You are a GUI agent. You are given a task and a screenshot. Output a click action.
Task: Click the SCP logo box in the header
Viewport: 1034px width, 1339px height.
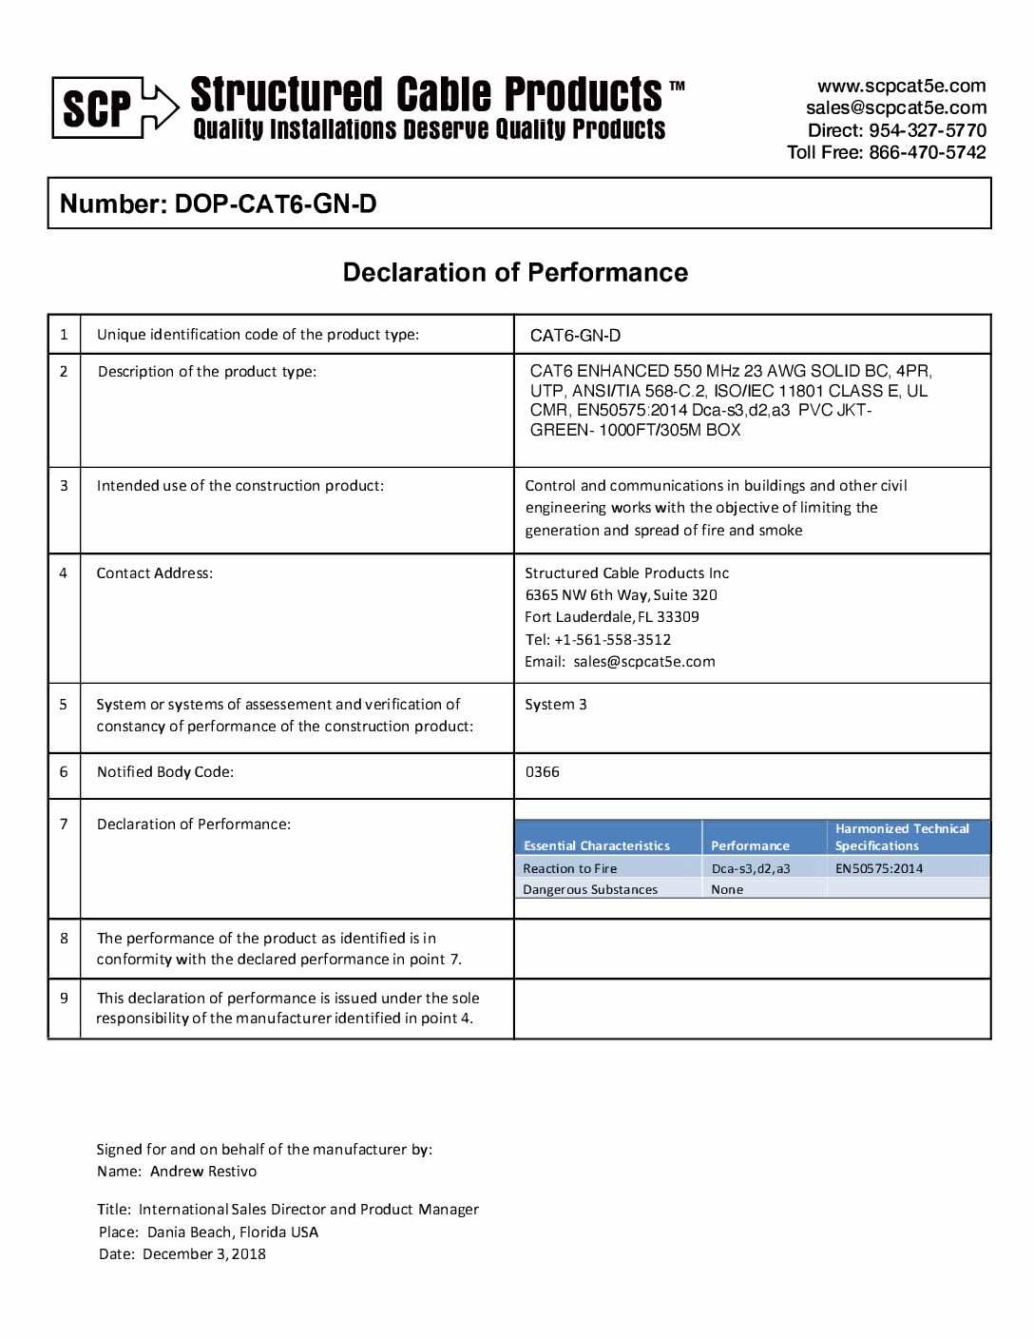click(98, 108)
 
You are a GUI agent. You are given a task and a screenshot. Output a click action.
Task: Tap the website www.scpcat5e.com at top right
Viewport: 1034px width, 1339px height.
click(901, 86)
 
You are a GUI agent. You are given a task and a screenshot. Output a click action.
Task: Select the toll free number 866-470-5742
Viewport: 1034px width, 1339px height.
click(927, 152)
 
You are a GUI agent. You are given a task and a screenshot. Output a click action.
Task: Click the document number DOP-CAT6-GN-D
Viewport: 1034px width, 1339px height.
click(276, 204)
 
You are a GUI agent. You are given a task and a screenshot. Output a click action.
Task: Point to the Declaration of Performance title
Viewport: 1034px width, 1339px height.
click(515, 273)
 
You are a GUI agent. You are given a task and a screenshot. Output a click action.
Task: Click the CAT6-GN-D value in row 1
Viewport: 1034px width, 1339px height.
click(575, 336)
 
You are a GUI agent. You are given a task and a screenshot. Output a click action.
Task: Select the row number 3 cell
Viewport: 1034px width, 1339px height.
click(64, 486)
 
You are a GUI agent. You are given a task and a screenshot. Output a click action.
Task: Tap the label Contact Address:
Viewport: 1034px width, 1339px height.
click(155, 573)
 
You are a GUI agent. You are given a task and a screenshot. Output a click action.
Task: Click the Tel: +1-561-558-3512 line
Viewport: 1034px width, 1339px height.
click(598, 640)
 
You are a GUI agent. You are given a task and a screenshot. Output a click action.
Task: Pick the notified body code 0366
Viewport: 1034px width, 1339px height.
click(543, 772)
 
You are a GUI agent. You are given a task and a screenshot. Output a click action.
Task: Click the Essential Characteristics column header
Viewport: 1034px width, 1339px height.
click(597, 845)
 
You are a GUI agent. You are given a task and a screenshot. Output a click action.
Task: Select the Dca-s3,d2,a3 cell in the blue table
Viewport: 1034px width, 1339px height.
click(751, 868)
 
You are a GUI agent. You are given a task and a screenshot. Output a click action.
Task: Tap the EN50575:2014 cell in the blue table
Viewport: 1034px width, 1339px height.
click(879, 868)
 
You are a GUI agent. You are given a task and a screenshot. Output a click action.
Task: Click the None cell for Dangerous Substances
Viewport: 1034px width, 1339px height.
click(727, 890)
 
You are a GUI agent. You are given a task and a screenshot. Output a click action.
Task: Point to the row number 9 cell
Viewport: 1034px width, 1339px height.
click(64, 999)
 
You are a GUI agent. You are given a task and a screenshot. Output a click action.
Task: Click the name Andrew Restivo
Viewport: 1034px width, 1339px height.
click(203, 1172)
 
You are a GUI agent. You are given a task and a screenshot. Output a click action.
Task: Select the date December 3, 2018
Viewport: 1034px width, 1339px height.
click(204, 1254)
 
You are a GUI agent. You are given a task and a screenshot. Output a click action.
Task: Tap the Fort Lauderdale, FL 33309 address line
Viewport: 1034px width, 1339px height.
click(612, 617)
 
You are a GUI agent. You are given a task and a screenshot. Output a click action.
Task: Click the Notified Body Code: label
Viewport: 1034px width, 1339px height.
click(165, 772)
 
